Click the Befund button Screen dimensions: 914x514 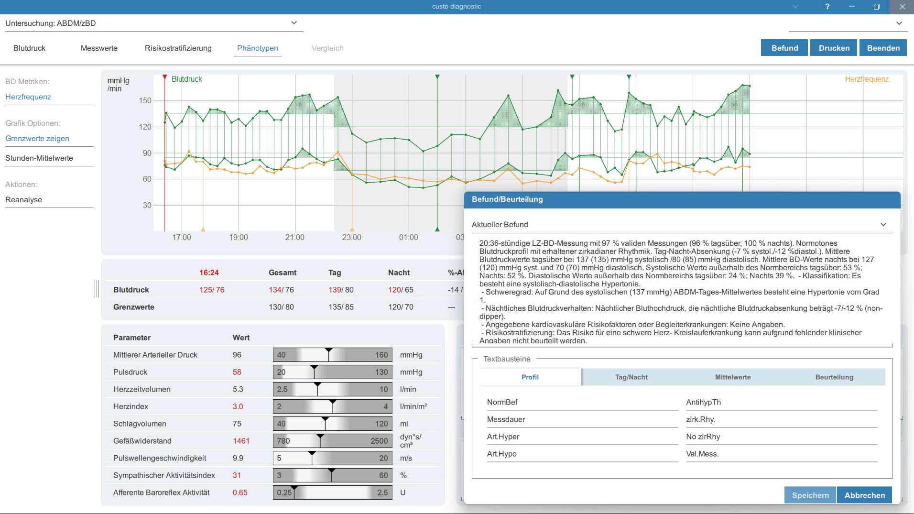click(x=784, y=48)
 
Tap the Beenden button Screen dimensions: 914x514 click(x=883, y=48)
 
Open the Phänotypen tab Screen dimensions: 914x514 click(x=257, y=48)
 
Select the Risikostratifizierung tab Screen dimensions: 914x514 click(x=178, y=48)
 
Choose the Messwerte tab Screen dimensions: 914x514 click(x=99, y=48)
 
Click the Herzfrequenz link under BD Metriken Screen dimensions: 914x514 click(x=28, y=97)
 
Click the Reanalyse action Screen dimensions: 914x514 click(x=23, y=199)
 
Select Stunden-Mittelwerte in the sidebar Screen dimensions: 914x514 click(x=39, y=158)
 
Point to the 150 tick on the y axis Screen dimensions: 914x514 click(x=145, y=100)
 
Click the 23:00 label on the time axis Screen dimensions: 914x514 click(x=351, y=237)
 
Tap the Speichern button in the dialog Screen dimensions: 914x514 click(x=810, y=495)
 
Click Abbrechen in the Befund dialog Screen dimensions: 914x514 click(x=865, y=495)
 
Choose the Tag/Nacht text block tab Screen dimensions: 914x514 click(x=631, y=377)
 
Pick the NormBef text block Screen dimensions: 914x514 click(x=502, y=402)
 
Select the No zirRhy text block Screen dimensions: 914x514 click(x=703, y=437)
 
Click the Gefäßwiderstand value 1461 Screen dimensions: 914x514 click(x=241, y=441)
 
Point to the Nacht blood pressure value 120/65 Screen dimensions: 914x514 click(x=401, y=290)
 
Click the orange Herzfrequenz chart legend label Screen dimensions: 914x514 click(x=866, y=79)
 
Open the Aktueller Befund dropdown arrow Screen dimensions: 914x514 click(x=883, y=224)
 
